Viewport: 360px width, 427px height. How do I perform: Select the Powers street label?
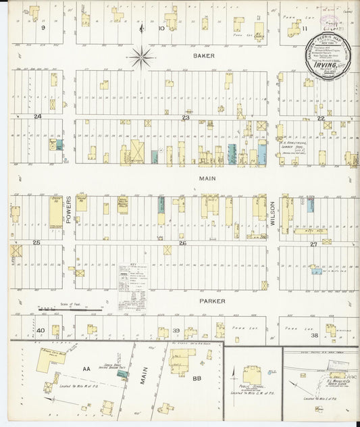pyautogui.click(x=69, y=216)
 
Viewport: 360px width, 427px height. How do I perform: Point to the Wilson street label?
pyautogui.click(x=273, y=215)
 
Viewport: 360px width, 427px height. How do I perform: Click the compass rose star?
pyautogui.click(x=141, y=57)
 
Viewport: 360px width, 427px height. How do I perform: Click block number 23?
pyautogui.click(x=185, y=118)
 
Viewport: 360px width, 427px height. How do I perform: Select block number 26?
pyautogui.click(x=182, y=243)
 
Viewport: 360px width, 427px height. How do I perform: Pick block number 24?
pyautogui.click(x=38, y=117)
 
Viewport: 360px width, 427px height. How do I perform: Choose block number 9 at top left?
pyautogui.click(x=42, y=28)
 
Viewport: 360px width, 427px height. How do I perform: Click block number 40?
pyautogui.click(x=41, y=330)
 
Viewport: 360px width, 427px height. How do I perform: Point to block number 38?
pyautogui.click(x=313, y=335)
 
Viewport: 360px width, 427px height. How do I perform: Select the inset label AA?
pyautogui.click(x=86, y=370)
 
